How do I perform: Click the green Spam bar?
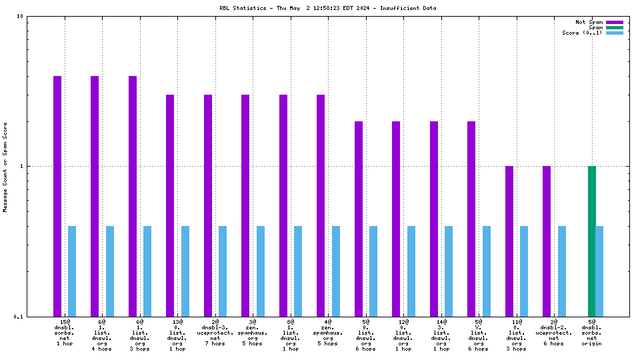pos(591,241)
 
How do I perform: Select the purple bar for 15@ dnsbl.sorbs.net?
pos(57,196)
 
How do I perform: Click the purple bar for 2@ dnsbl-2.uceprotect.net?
pos(547,241)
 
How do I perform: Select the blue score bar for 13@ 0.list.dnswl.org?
pos(185,271)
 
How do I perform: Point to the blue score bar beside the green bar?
pos(600,271)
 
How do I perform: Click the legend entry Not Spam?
pos(589,22)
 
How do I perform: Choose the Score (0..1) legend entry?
pos(582,33)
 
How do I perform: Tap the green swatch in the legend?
pos(614,27)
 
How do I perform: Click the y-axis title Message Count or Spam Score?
pos(5,167)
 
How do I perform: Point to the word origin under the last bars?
pos(591,343)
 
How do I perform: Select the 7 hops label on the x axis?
pos(215,343)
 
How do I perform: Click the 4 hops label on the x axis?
pos(101,349)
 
